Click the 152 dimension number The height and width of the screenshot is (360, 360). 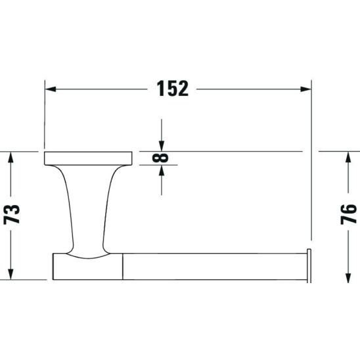click(x=172, y=89)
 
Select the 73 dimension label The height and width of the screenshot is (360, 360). click(x=12, y=214)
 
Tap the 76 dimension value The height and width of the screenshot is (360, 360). click(x=349, y=214)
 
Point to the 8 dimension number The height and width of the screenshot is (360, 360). click(x=160, y=158)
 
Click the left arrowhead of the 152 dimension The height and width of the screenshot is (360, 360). click(x=51, y=89)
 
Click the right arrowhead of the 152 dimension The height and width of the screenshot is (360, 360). click(x=306, y=89)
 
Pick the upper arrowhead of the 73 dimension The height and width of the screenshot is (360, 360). click(x=11, y=157)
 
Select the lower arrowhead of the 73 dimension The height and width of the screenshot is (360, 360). click(x=11, y=274)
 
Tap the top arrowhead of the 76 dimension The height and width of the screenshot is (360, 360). click(x=348, y=157)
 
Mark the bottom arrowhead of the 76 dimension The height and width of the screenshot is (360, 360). click(x=348, y=278)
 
